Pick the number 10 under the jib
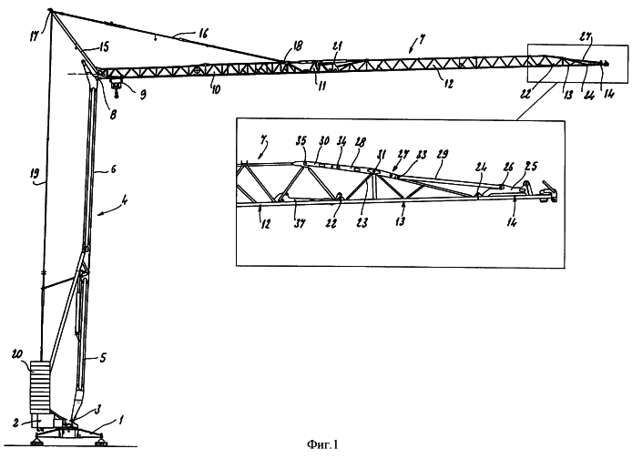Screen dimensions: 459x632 pos(216,87)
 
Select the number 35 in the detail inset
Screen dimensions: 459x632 pos(300,141)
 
